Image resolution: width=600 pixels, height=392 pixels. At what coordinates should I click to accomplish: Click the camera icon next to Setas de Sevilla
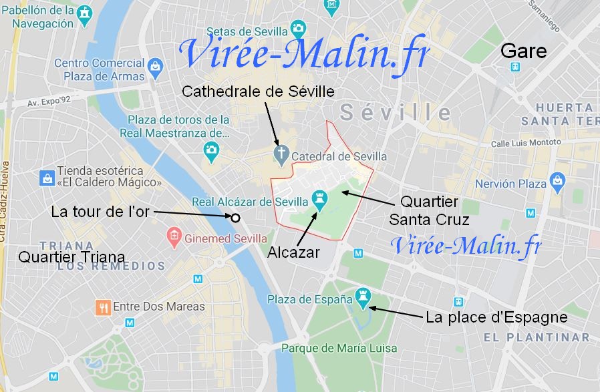[x=298, y=28]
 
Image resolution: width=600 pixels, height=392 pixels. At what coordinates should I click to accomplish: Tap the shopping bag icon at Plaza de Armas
[x=155, y=66]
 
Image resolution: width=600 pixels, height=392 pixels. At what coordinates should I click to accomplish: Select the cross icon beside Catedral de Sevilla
[x=281, y=156]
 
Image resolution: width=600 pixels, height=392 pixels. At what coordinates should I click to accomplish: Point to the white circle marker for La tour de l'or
[x=235, y=217]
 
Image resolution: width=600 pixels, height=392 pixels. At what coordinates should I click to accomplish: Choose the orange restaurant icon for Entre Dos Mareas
[x=103, y=307]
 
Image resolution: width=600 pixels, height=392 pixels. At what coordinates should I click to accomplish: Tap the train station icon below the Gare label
[x=515, y=67]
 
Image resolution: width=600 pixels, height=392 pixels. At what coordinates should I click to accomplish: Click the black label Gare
[x=523, y=51]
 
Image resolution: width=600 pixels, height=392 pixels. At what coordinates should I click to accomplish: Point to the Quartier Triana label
[x=71, y=256]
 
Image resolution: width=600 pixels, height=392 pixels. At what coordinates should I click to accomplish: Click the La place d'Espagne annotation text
[x=496, y=317]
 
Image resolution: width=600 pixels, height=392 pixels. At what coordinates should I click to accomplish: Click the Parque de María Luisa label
[x=339, y=348]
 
